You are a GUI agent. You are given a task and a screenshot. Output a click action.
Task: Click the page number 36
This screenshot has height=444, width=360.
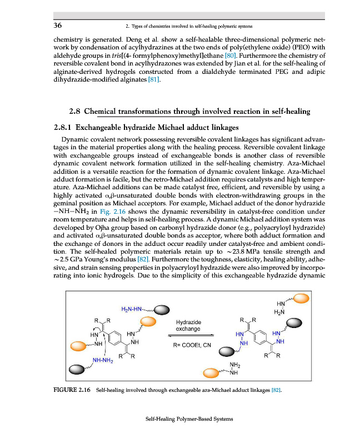pyautogui.click(x=57, y=26)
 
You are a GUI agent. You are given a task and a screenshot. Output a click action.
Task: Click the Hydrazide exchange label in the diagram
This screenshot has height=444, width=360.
pyautogui.click(x=188, y=325)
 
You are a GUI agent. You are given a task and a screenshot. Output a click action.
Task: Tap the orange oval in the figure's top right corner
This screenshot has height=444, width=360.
pyautogui.click(x=303, y=299)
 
